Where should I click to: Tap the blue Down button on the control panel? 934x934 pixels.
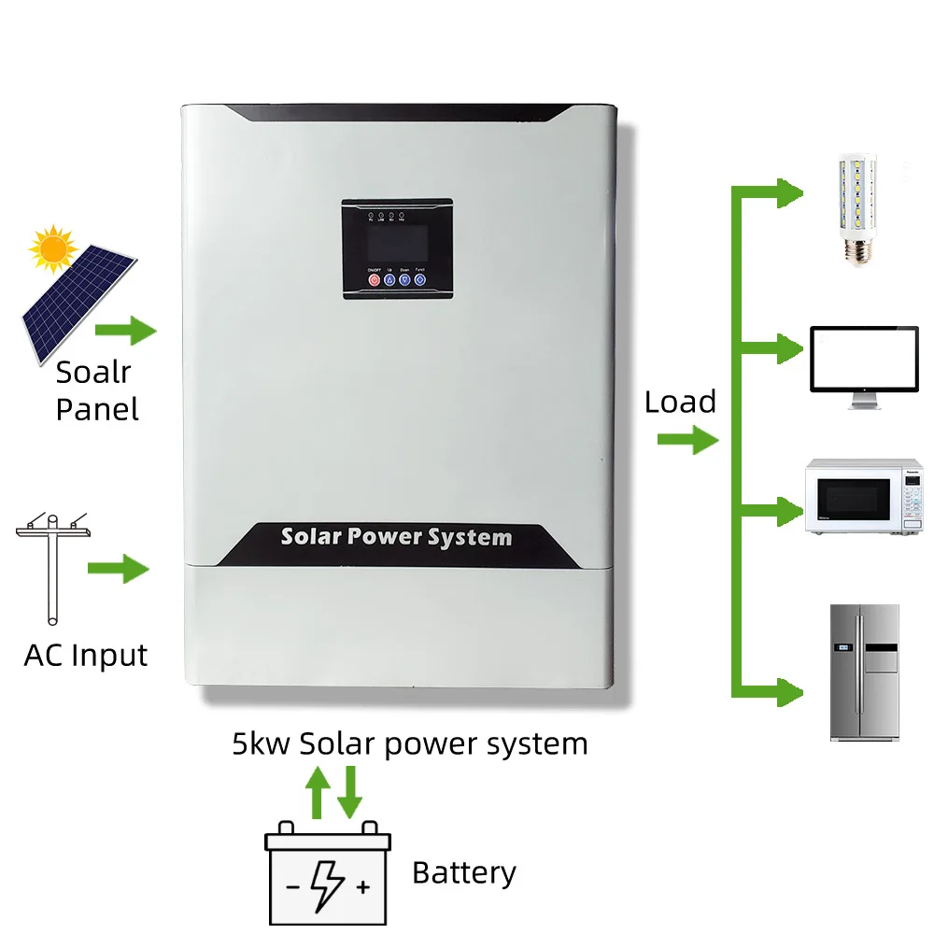[404, 278]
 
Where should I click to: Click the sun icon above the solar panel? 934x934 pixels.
[50, 247]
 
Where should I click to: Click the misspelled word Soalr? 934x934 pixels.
[93, 372]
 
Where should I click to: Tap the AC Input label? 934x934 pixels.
[86, 655]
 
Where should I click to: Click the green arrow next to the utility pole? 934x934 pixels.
[119, 567]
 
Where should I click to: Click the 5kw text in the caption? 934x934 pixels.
[262, 743]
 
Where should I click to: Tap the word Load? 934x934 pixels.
[680, 403]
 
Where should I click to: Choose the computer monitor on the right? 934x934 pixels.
[864, 365]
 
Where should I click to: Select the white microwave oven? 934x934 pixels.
[864, 495]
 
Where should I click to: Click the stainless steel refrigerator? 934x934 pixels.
[864, 672]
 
